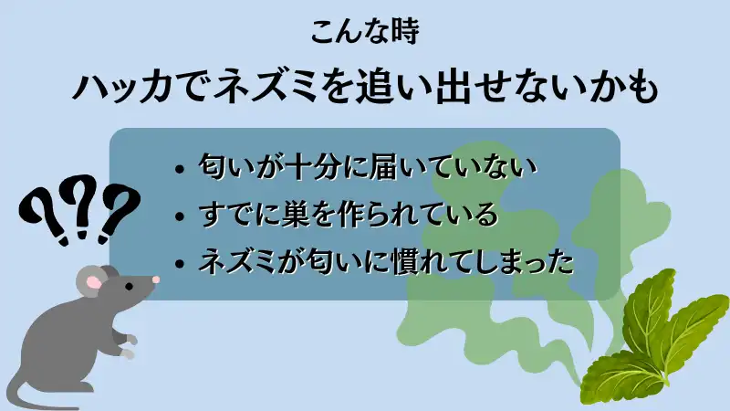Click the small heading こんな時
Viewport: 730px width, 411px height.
pyautogui.click(x=364, y=32)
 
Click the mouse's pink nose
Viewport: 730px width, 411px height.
pyautogui.click(x=155, y=279)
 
